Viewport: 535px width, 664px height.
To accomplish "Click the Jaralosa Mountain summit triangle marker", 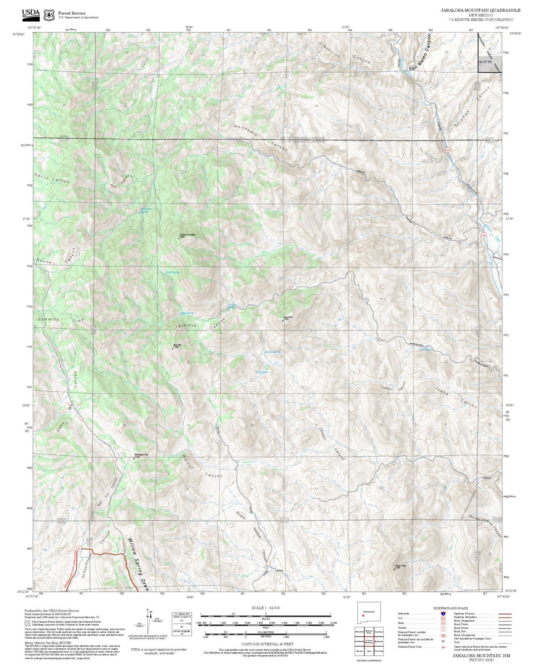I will pyautogui.click(x=179, y=238).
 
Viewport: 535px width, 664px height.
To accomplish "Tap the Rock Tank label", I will pyautogui.click(x=263, y=372).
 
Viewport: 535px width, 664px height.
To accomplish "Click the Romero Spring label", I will pyautogui.click(x=272, y=352).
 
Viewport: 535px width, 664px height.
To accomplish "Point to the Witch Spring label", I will pyautogui.click(x=173, y=272).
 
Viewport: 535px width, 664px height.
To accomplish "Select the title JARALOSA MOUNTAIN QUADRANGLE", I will pyautogui.click(x=480, y=10).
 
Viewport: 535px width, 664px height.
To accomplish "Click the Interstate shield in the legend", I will pyautogui.click(x=443, y=613).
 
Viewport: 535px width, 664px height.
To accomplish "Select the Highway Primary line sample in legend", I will pyautogui.click(x=503, y=614).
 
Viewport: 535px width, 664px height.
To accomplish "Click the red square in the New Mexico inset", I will pyautogui.click(x=363, y=616).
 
